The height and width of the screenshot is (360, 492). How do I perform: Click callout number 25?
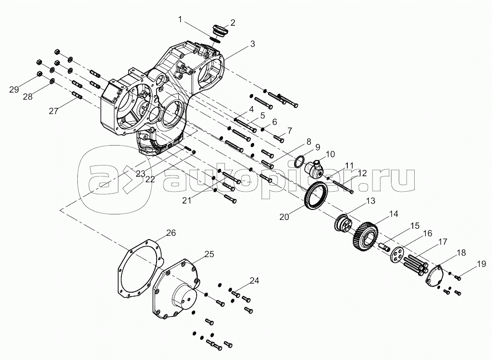coord(209,254)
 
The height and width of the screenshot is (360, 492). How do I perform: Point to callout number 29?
coord(14,89)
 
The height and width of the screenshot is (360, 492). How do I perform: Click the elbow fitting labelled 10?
coord(315,168)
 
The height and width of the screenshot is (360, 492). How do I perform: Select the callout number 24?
coord(254,280)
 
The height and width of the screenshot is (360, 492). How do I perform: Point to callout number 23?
coord(140,174)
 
